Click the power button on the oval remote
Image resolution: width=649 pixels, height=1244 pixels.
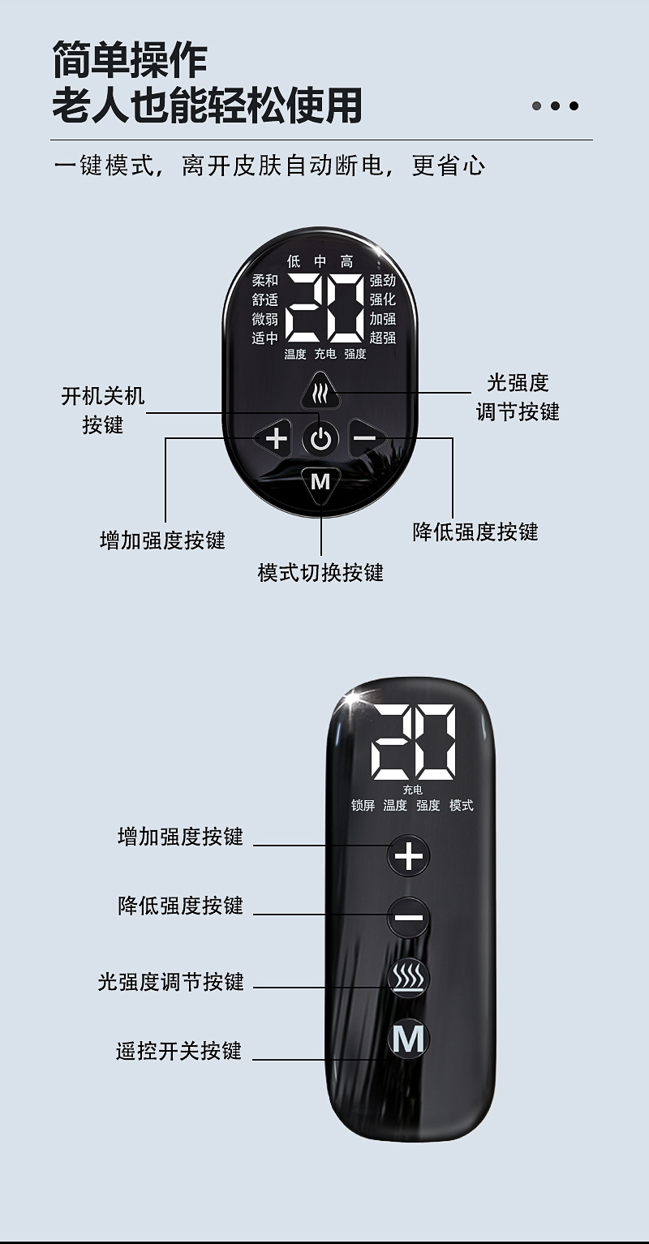coord(321,440)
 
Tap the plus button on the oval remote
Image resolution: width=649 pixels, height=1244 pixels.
coord(277,439)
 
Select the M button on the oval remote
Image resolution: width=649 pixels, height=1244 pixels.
coord(320,482)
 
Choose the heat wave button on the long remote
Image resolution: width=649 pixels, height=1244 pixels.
coord(408,979)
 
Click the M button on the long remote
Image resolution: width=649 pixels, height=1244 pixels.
coord(408,1040)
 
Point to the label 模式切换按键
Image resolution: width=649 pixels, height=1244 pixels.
coord(320,573)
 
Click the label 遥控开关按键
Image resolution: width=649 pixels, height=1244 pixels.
coord(178,1052)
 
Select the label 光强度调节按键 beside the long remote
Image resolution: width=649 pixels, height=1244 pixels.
coord(170,982)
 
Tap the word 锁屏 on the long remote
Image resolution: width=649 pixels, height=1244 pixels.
coord(363,806)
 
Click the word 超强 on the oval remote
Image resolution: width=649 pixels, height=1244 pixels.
coord(383,338)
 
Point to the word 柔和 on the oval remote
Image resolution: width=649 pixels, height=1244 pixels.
coord(264,281)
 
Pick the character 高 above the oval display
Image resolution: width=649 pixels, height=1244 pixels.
coord(347,261)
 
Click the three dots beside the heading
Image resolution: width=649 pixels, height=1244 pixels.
coord(555,105)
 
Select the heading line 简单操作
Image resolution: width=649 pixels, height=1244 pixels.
coord(130,60)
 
